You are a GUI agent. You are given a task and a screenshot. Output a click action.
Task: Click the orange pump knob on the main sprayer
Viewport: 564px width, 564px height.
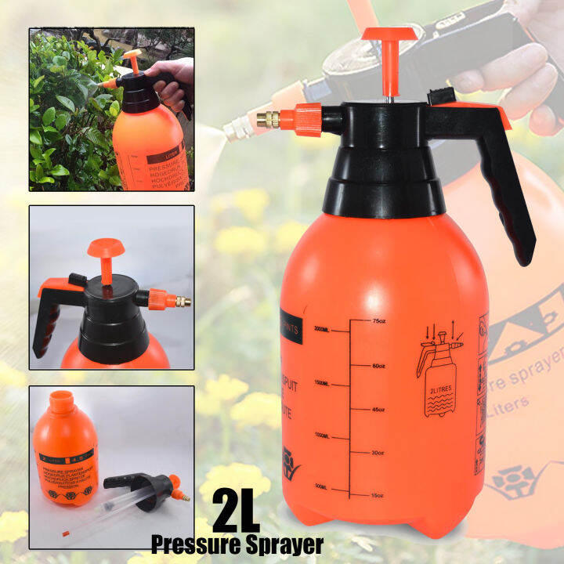click(389, 36)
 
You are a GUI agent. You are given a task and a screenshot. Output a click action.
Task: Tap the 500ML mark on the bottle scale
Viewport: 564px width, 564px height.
click(322, 487)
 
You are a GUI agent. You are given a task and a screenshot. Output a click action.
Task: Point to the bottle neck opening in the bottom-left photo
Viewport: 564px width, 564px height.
click(60, 397)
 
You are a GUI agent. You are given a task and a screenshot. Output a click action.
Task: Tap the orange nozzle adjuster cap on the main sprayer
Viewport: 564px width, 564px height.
click(299, 120)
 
